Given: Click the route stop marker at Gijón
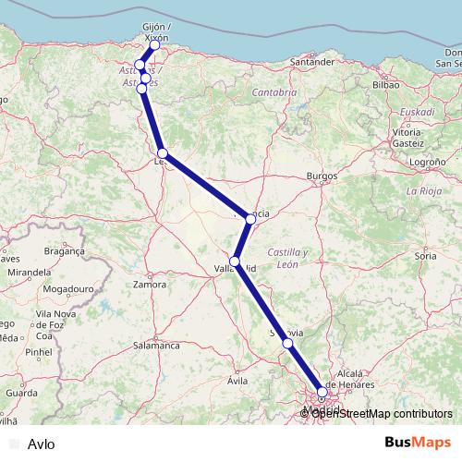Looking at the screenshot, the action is [x=155, y=45].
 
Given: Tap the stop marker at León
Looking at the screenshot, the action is [x=162, y=153].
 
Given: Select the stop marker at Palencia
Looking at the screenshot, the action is [x=250, y=219].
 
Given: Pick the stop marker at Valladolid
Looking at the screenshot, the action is [x=236, y=261].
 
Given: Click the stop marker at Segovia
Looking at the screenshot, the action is [x=287, y=343].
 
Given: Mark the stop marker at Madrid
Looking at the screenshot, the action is [x=322, y=392].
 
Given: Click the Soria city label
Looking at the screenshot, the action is [x=426, y=254].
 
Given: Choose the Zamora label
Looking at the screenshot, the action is [x=149, y=285].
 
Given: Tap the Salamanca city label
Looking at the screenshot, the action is [x=156, y=345].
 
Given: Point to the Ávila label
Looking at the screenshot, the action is [x=238, y=380].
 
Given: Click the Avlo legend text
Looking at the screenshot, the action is [x=42, y=444].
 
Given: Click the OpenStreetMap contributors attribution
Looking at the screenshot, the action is [x=381, y=413].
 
